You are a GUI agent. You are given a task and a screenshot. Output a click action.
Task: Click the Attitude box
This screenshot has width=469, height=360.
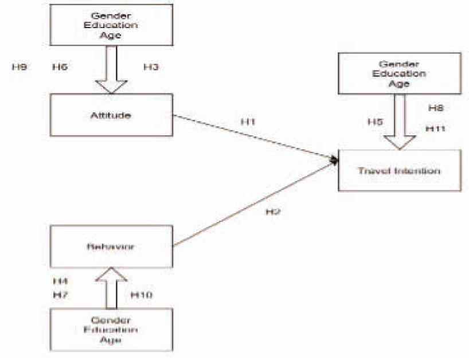point(111,115)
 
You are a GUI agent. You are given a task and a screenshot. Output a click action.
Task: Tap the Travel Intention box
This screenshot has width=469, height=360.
point(399,170)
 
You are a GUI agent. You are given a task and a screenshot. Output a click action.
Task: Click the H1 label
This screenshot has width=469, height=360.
point(247,122)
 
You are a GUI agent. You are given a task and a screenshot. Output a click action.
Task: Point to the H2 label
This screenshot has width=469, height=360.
point(272,212)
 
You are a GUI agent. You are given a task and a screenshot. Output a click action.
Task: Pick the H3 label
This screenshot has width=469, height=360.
point(151,67)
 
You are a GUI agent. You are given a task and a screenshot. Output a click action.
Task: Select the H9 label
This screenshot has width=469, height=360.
point(19,67)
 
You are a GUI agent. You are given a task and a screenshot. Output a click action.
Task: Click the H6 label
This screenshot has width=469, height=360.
point(60,67)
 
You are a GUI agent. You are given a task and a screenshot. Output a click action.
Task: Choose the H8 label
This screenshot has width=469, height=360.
point(436,107)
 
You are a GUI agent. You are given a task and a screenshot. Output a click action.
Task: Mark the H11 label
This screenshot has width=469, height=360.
point(436,129)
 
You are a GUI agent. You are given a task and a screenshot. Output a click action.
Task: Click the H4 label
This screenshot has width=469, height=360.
point(60,281)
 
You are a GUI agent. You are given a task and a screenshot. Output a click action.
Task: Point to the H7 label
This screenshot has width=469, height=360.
point(60,295)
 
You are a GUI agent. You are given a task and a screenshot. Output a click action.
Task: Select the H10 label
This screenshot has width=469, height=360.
point(140,295)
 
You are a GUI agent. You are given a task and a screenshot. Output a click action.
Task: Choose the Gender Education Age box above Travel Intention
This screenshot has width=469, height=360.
point(399,73)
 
